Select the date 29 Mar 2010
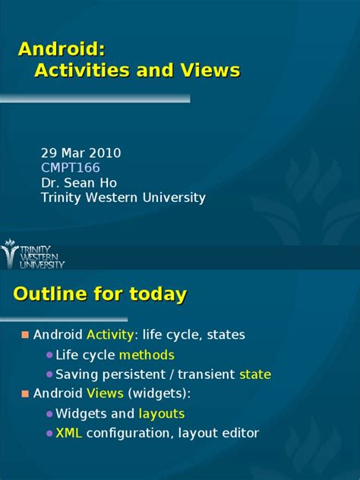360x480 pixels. (81, 153)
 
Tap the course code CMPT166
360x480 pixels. (70, 168)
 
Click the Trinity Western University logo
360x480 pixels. (33, 254)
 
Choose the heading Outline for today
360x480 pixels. (101, 294)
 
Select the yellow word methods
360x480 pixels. (147, 355)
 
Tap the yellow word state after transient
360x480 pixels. (254, 374)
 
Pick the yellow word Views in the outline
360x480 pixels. (105, 394)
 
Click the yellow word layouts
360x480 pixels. (161, 414)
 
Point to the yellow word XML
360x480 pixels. (69, 434)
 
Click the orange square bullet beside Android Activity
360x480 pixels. (24, 335)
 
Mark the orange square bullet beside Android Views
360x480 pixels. (24, 394)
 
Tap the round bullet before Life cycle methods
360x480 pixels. (49, 355)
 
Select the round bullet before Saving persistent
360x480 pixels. (49, 375)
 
